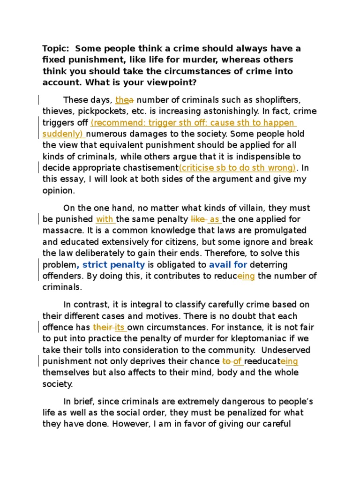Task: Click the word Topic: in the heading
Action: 56,49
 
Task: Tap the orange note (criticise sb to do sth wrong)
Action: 237,168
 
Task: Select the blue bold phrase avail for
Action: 228,265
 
